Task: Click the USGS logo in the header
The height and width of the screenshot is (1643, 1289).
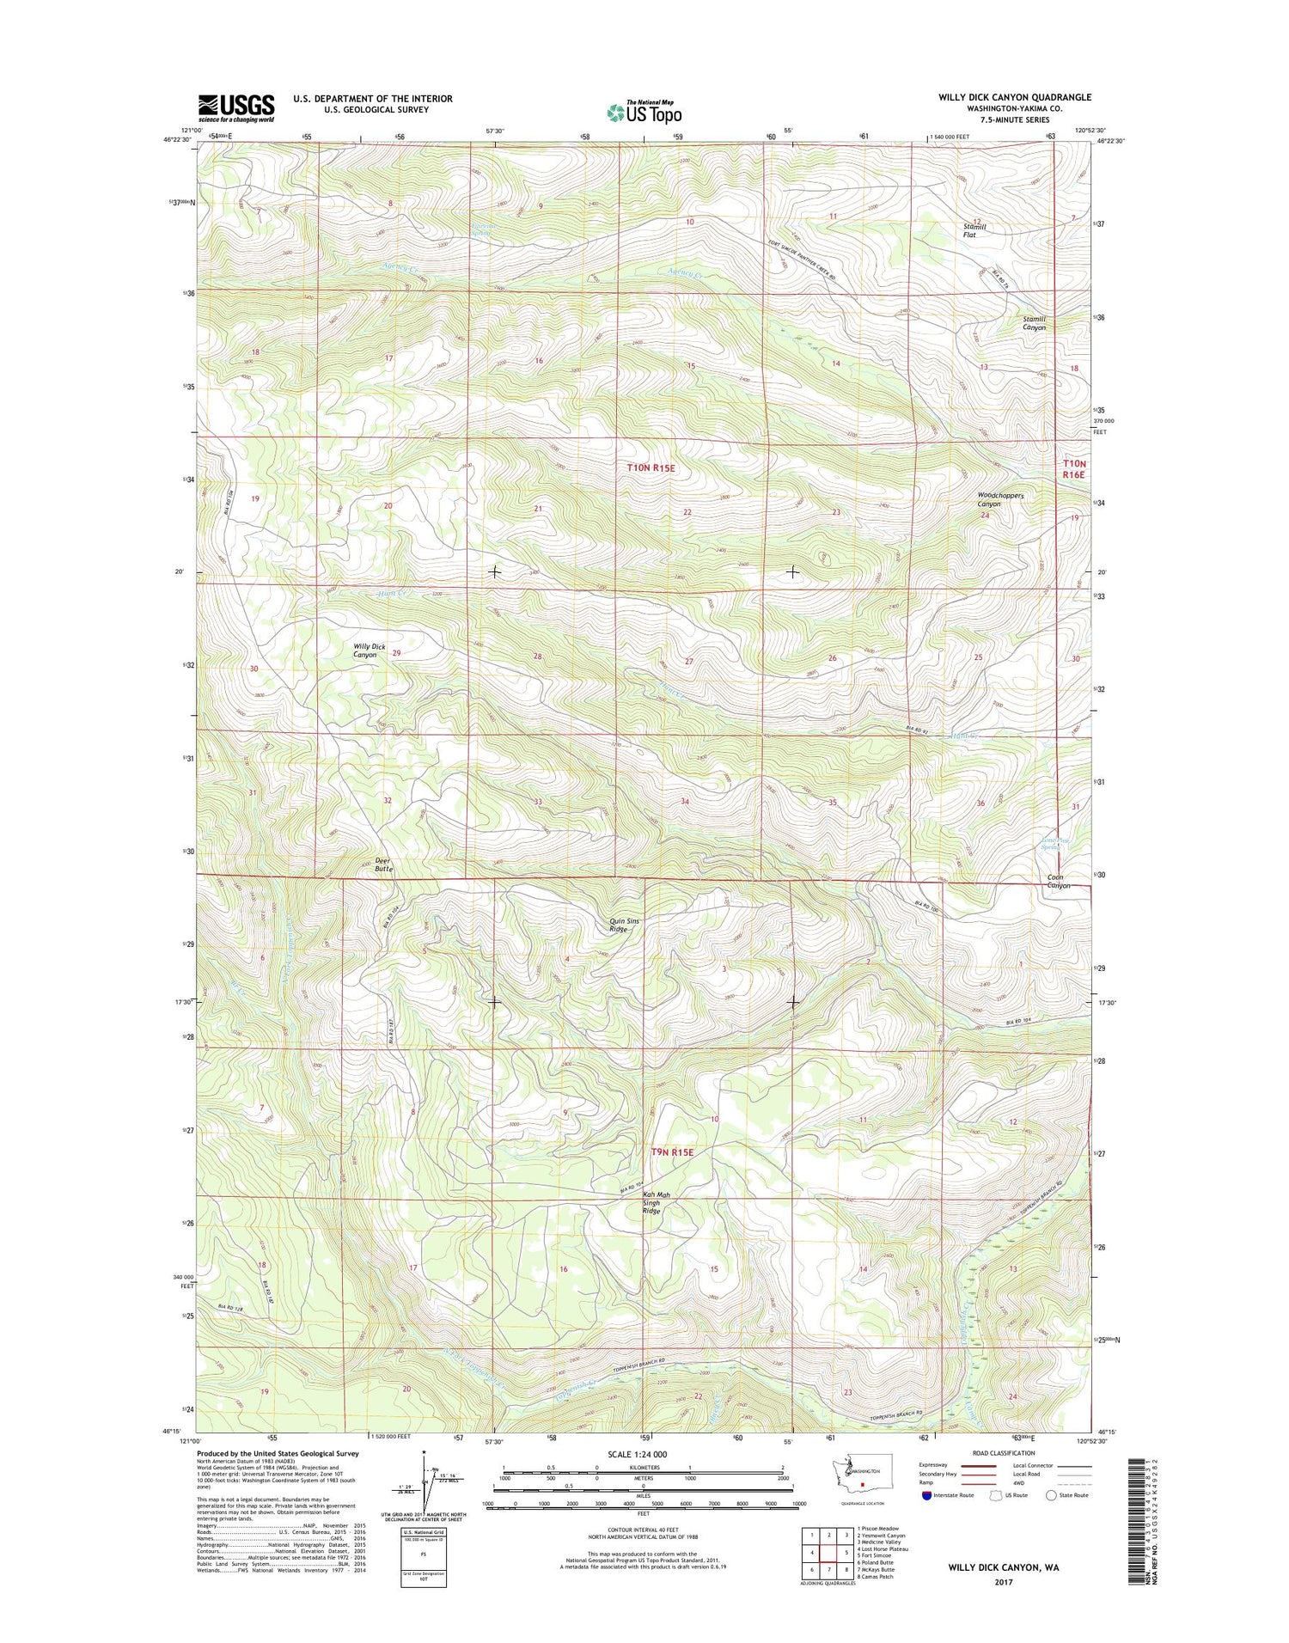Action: tap(236, 108)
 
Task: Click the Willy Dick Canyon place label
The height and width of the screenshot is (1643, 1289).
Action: tap(369, 650)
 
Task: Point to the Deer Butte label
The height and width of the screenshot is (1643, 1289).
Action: tap(383, 864)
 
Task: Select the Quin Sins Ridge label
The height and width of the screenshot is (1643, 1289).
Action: tap(624, 925)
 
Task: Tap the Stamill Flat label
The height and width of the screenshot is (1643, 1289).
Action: tap(974, 230)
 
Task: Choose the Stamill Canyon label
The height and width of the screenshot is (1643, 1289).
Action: tap(1034, 323)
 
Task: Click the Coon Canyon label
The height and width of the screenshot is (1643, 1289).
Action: tap(1058, 881)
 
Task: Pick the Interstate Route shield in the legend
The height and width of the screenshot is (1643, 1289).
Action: tap(925, 1495)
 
